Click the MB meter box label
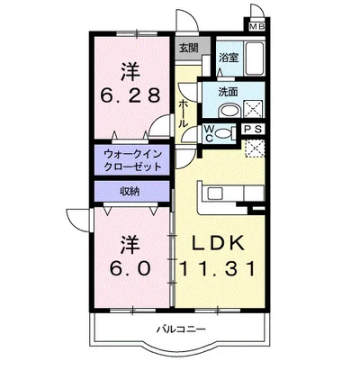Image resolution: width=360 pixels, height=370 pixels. click(x=256, y=26)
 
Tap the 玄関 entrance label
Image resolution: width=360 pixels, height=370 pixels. click(x=189, y=48)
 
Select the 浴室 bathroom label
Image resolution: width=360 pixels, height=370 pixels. click(x=229, y=58)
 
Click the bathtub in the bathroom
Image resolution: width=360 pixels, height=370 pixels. click(x=255, y=59)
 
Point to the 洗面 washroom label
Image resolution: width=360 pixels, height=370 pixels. click(x=228, y=92)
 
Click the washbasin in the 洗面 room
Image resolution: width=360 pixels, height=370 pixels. click(x=230, y=111)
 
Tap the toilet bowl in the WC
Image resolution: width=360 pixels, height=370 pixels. click(x=222, y=133)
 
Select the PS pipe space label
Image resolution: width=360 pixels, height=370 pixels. click(x=254, y=130)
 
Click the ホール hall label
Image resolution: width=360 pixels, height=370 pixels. click(x=184, y=114)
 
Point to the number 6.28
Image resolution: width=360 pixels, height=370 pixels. click(x=130, y=95)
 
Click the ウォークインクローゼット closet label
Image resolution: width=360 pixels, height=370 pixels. click(x=133, y=160)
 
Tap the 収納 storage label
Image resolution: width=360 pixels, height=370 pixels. click(x=130, y=191)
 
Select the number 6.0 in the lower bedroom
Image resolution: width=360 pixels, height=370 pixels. click(x=130, y=268)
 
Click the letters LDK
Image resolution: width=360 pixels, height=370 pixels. click(x=218, y=244)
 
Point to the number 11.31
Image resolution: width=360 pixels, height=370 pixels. click(x=218, y=268)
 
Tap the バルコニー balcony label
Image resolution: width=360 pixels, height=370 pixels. click(x=181, y=329)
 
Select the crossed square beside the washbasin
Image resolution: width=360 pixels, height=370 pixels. click(x=253, y=109)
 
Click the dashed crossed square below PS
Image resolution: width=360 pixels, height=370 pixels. click(x=255, y=148)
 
